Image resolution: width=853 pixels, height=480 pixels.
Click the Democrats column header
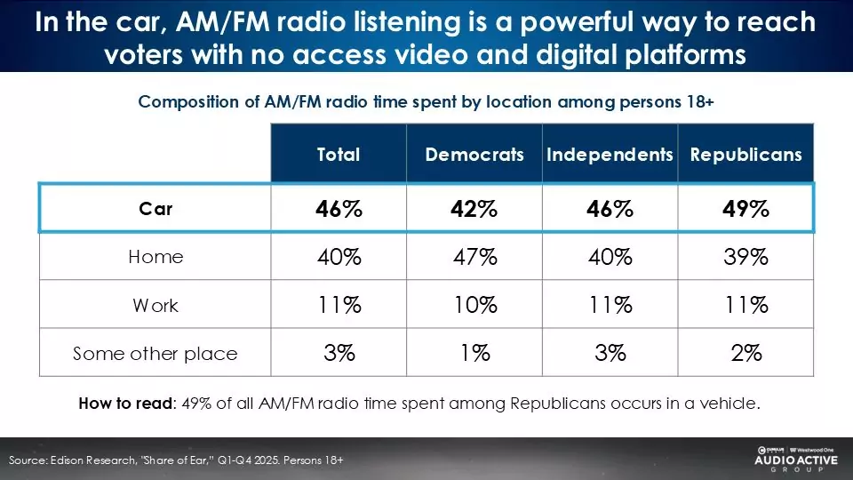coord(474,155)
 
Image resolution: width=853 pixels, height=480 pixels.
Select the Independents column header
coord(610,155)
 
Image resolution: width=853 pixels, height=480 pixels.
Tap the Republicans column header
coord(745,155)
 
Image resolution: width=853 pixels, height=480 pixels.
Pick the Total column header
coord(339,155)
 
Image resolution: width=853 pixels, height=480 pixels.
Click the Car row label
coord(155,210)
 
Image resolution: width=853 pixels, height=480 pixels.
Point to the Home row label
coord(155,257)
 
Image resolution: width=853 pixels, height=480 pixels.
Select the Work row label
coord(155,306)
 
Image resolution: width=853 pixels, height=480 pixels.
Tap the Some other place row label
coord(155,354)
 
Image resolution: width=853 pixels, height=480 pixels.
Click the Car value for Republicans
coord(745,210)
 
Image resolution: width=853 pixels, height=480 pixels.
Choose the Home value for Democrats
coord(474,258)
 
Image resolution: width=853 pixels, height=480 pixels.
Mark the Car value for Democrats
coord(474,210)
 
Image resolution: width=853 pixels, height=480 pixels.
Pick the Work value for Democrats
coord(474,306)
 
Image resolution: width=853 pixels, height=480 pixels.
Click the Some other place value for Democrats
coord(474,354)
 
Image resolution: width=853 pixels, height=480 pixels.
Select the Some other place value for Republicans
coord(745,354)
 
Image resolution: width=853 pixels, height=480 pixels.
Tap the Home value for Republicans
coord(745,258)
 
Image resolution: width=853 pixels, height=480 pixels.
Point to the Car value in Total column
coord(339,210)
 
